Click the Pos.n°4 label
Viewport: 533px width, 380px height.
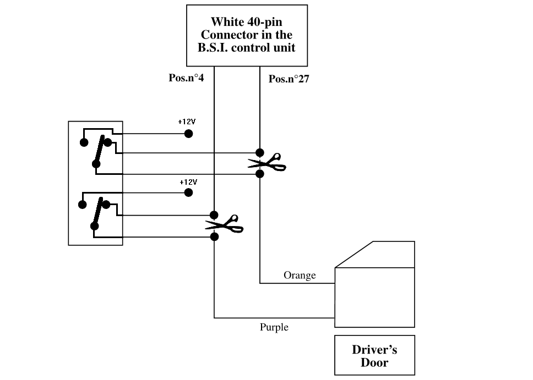186,78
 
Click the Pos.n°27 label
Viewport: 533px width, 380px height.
289,79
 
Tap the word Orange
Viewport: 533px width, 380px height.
300,274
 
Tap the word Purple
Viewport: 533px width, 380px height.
274,327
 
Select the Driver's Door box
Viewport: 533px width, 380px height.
374,355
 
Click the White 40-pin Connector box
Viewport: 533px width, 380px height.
247,35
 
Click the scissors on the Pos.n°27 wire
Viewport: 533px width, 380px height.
266,163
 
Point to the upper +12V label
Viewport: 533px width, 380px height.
187,122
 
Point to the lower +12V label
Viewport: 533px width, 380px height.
188,181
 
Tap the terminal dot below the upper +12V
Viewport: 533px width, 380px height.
188,133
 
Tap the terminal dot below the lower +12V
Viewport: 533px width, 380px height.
188,192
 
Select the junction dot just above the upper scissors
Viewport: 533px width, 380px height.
260,152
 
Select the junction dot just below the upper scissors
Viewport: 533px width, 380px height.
260,174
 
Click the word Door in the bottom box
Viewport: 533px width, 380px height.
374,362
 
